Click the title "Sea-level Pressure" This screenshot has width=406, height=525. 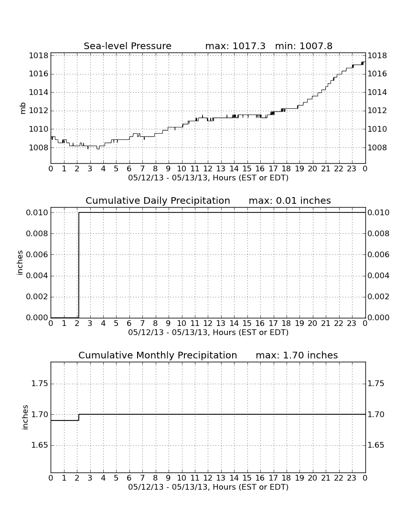pos(128,46)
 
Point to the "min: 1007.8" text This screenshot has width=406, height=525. pos(304,46)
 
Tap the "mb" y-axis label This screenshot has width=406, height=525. pos(23,108)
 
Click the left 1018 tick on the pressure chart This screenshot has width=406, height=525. pos(38,55)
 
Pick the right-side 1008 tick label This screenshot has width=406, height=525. pos(377,147)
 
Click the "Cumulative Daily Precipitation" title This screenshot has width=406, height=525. pos(158,200)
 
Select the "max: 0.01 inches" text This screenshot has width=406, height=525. pos(290,200)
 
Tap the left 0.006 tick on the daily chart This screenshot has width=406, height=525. pos(37,254)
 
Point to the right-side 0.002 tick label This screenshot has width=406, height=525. pos(378,297)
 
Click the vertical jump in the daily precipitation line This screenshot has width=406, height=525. pos(79,265)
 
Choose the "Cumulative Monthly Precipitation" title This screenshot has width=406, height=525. pos(158,355)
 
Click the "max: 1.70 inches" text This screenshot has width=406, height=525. pos(297,355)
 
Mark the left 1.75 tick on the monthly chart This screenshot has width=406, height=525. pos(40,384)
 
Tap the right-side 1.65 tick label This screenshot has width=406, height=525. pos(376,445)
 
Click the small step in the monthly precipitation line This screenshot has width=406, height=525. pos(79,417)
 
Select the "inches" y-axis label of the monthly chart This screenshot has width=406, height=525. pos(25,417)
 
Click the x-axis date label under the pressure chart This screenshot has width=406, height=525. pos(208,178)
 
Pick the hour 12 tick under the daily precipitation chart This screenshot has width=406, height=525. pos(208,324)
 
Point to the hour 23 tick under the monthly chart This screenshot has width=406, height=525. pos(352,478)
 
